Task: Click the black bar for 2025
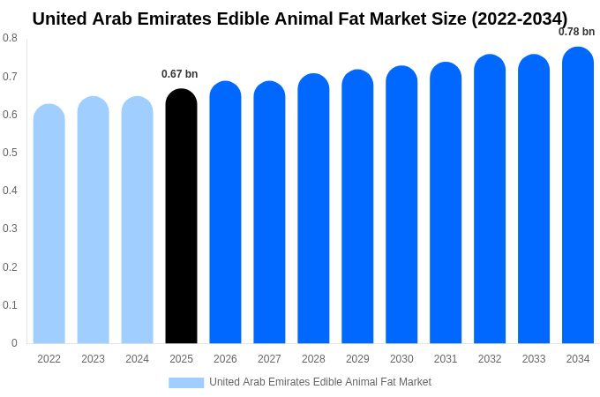[181, 216]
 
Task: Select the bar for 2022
[49, 224]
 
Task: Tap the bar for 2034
[578, 196]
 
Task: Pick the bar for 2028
[313, 209]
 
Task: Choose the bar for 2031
[446, 203]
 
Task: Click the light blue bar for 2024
[137, 221]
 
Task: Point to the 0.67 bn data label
[180, 74]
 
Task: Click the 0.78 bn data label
[576, 32]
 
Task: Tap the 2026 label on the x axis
[225, 359]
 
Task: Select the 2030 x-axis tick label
[401, 359]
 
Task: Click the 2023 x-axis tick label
[93, 359]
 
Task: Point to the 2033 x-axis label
[534, 359]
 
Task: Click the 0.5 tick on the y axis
[10, 153]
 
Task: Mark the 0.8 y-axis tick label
[10, 38]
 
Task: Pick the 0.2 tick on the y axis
[10, 267]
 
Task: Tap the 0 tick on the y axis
[14, 343]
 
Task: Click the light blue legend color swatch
[186, 383]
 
